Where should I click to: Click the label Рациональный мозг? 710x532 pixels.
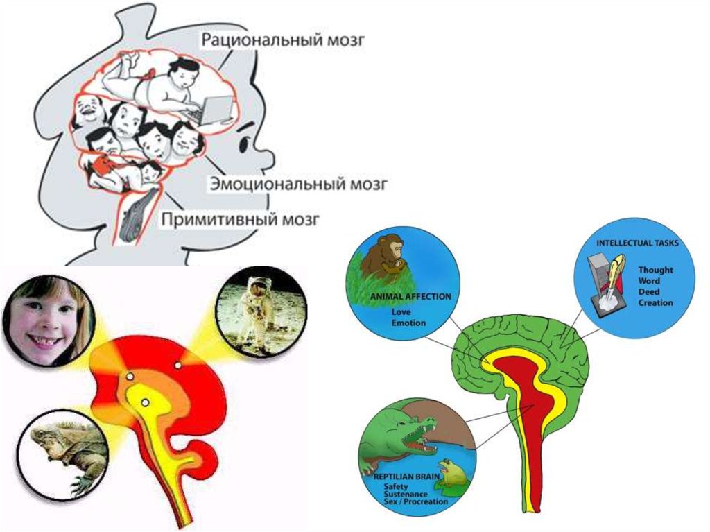click(x=283, y=39)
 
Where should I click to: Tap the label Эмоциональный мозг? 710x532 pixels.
click(x=298, y=185)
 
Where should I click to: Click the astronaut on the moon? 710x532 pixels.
click(x=261, y=304)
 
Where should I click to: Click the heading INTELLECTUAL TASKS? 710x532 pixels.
click(x=637, y=243)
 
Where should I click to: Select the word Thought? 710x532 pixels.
click(x=655, y=271)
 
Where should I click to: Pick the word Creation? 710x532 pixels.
click(x=655, y=302)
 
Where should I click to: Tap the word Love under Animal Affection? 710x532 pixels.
click(x=401, y=312)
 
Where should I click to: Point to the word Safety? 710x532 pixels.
click(x=397, y=486)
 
